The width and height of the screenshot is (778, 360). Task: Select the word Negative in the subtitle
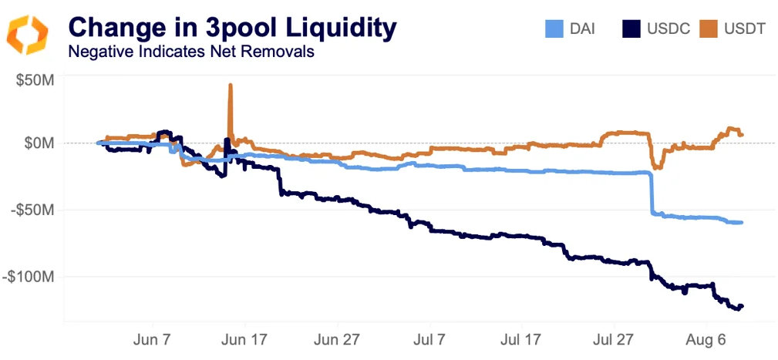(x=97, y=52)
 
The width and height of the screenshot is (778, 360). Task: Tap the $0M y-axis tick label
(x=39, y=143)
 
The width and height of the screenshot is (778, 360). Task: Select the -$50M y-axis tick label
(x=34, y=210)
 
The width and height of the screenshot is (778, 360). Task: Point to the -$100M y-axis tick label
(x=31, y=276)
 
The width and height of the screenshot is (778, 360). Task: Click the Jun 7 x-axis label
(x=152, y=339)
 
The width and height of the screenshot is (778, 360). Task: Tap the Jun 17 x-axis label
(x=244, y=339)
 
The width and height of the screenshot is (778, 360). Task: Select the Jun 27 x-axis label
(x=337, y=339)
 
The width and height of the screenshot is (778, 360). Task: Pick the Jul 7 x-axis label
(x=429, y=339)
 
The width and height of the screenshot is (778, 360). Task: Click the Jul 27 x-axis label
(x=614, y=339)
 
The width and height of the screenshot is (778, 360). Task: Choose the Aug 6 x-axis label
(x=707, y=339)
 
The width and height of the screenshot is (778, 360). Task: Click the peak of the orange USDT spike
(x=230, y=86)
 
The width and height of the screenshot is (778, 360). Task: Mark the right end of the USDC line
(x=742, y=306)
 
